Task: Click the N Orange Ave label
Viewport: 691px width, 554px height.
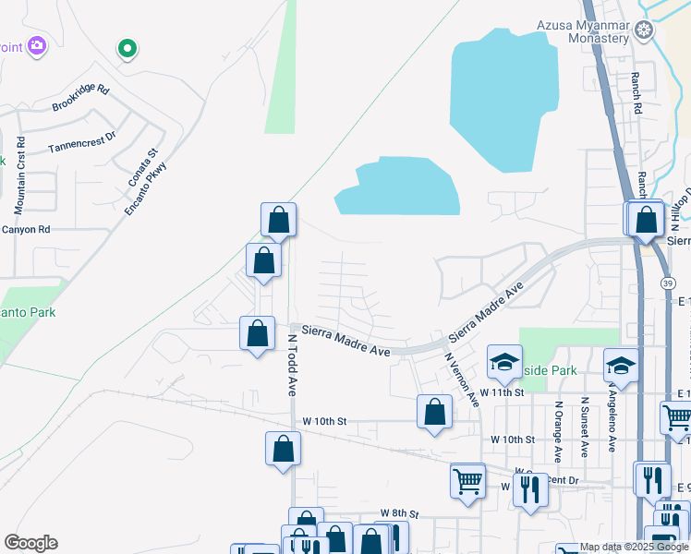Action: point(558,431)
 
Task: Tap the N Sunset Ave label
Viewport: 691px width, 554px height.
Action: point(585,428)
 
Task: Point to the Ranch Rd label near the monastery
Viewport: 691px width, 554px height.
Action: point(636,93)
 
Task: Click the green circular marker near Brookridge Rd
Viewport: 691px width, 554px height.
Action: point(127,48)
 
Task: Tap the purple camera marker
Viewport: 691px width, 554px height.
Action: point(37,45)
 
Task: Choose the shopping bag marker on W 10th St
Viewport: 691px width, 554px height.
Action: point(434,413)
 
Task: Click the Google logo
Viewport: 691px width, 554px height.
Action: point(30,543)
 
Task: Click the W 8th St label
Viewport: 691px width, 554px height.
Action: point(400,512)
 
